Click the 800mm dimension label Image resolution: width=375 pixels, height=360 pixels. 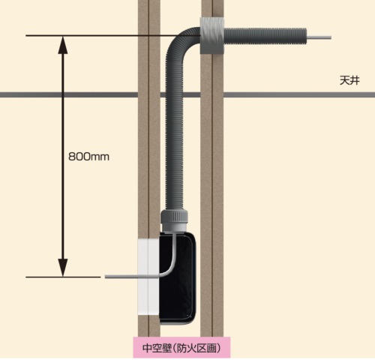tap(88, 157)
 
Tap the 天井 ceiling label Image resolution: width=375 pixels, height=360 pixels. tap(349, 81)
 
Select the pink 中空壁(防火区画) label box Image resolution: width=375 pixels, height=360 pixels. tap(181, 348)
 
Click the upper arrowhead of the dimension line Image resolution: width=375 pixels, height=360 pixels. tap(63, 45)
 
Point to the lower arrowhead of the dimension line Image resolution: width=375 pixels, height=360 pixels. tap(63, 268)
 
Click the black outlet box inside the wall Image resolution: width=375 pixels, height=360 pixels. tap(178, 277)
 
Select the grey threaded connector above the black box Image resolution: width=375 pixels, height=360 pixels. tap(174, 220)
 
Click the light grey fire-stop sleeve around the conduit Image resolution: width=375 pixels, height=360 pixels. tap(212, 35)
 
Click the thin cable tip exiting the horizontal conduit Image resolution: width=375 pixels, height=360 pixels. tap(319, 37)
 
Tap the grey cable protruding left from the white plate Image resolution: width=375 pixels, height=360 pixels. tap(121, 277)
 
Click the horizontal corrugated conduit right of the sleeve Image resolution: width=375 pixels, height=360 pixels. tap(265, 37)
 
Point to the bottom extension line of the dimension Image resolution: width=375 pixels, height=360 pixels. tap(63, 277)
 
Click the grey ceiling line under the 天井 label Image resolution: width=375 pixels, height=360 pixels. tap(299, 94)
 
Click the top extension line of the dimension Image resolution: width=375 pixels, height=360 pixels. tap(113, 36)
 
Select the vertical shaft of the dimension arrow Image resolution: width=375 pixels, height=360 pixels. tap(63, 157)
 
